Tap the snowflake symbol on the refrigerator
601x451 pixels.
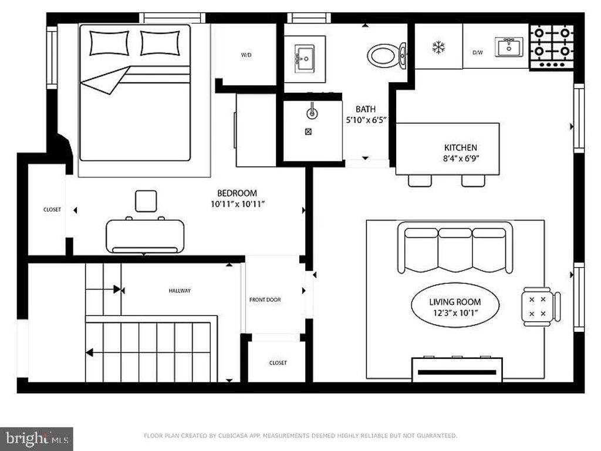(438, 47)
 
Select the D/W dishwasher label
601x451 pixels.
(478, 52)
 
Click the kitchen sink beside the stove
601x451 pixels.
(508, 47)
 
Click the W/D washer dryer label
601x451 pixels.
(247, 55)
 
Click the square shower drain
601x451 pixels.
(308, 132)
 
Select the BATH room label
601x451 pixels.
(366, 109)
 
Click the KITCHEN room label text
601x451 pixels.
(460, 147)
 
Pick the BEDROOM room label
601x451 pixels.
(237, 193)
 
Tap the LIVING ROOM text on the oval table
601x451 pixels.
(455, 302)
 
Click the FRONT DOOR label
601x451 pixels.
(265, 299)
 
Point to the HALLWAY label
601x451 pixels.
(180, 291)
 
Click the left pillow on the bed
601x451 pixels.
(109, 42)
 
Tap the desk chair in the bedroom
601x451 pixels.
(146, 201)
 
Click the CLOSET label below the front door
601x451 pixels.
(278, 363)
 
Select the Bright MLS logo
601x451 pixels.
(36, 438)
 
